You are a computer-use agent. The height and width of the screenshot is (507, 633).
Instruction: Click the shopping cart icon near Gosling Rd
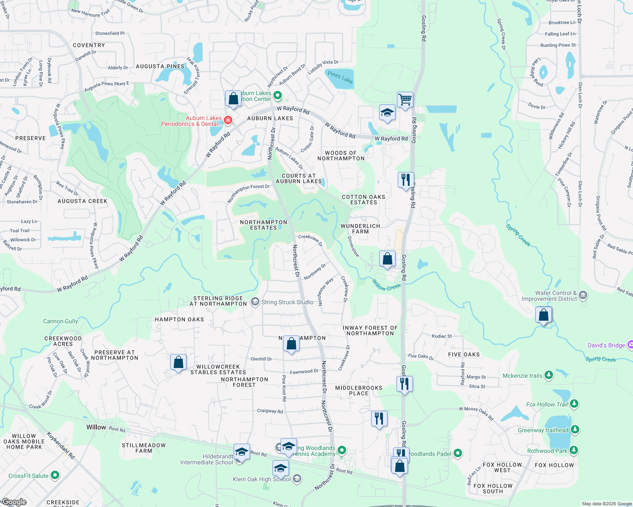[405, 100]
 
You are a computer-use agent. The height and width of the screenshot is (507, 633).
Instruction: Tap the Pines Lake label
[340, 77]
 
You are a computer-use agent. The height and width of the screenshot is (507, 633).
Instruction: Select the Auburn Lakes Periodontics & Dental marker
[228, 120]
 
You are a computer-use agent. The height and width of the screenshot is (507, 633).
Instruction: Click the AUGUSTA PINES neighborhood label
[160, 66]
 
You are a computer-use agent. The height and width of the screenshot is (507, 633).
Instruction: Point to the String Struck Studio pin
[255, 302]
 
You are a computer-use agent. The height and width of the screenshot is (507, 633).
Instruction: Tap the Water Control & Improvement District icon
[583, 295]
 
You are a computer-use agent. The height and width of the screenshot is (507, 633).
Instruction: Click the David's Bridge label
[606, 345]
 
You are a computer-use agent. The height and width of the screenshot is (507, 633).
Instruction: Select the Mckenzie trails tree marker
[549, 375]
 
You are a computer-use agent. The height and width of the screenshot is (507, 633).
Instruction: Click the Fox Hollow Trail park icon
[574, 404]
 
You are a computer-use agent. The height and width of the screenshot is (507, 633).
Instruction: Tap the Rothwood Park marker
[573, 450]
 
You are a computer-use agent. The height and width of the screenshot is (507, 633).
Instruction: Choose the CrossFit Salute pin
[55, 475]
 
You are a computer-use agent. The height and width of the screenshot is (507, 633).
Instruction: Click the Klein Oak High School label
[261, 479]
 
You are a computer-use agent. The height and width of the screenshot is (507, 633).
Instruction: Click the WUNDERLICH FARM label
[360, 229]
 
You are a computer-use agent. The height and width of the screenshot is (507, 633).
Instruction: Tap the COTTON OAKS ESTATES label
[363, 199]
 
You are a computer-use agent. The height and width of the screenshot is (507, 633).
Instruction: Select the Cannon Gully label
[61, 321]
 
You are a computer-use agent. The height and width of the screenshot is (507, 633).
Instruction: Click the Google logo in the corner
[14, 502]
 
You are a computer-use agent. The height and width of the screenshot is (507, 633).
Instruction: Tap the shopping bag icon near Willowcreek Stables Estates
[178, 363]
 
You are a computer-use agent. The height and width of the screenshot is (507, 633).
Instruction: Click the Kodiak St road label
[441, 336]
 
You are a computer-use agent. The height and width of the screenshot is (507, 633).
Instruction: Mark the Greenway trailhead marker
[575, 430]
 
